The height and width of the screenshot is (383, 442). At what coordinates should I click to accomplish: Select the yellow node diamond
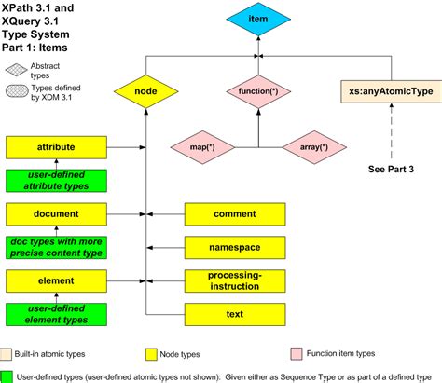[x=145, y=91]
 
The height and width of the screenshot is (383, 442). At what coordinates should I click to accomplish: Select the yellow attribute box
[x=56, y=147]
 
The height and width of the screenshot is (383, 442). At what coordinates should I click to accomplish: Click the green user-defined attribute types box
[x=56, y=180]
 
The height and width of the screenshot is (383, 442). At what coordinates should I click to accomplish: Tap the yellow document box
[x=56, y=213]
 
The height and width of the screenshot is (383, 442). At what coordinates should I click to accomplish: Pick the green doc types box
[x=56, y=247]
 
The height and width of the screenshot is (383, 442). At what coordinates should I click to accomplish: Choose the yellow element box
[x=56, y=280]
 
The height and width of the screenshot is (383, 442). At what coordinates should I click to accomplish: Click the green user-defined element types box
[x=56, y=312]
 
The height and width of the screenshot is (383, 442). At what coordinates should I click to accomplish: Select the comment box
[x=234, y=214]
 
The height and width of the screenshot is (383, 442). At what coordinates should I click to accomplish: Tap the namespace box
[x=234, y=247]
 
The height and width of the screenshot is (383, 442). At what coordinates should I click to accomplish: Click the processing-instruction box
[x=234, y=280]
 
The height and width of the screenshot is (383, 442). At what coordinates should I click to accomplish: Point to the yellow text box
[x=234, y=314]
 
